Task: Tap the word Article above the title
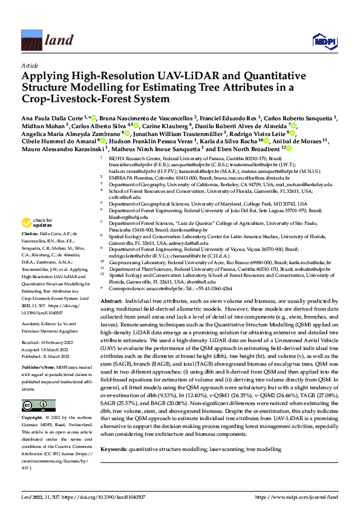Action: (29, 64)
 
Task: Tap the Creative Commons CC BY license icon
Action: (31, 388)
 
